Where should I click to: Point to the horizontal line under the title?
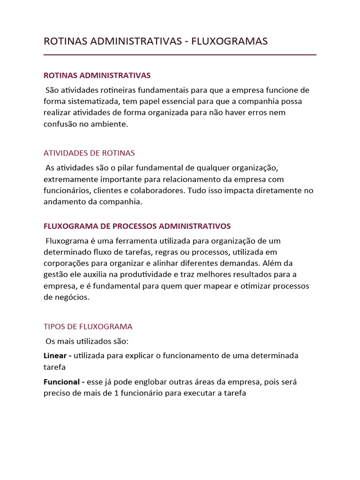pyautogui.click(x=180, y=55)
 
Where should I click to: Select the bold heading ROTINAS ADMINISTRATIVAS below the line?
pyautogui.click(x=97, y=75)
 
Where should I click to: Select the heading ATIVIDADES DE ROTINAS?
pyautogui.click(x=89, y=153)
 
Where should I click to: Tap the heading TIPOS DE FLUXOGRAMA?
pyautogui.click(x=88, y=326)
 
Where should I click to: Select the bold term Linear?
pyautogui.click(x=55, y=356)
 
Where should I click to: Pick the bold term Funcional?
pyautogui.click(x=62, y=382)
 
